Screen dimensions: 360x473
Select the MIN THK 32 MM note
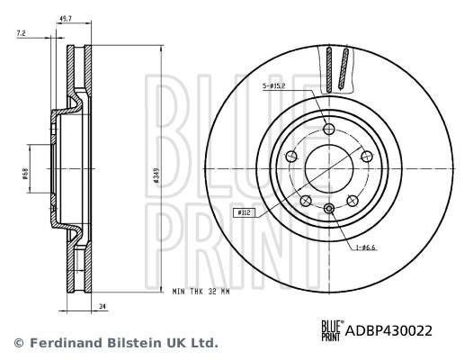pos(201,292)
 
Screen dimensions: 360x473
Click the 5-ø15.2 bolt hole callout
pos(275,86)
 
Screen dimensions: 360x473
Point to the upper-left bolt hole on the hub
pos(290,157)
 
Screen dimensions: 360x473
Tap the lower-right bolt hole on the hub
pos(352,200)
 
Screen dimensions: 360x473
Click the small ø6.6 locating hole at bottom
pos(328,210)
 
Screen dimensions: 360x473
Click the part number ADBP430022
pos(388,330)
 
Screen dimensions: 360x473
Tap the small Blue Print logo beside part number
pos(331,330)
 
